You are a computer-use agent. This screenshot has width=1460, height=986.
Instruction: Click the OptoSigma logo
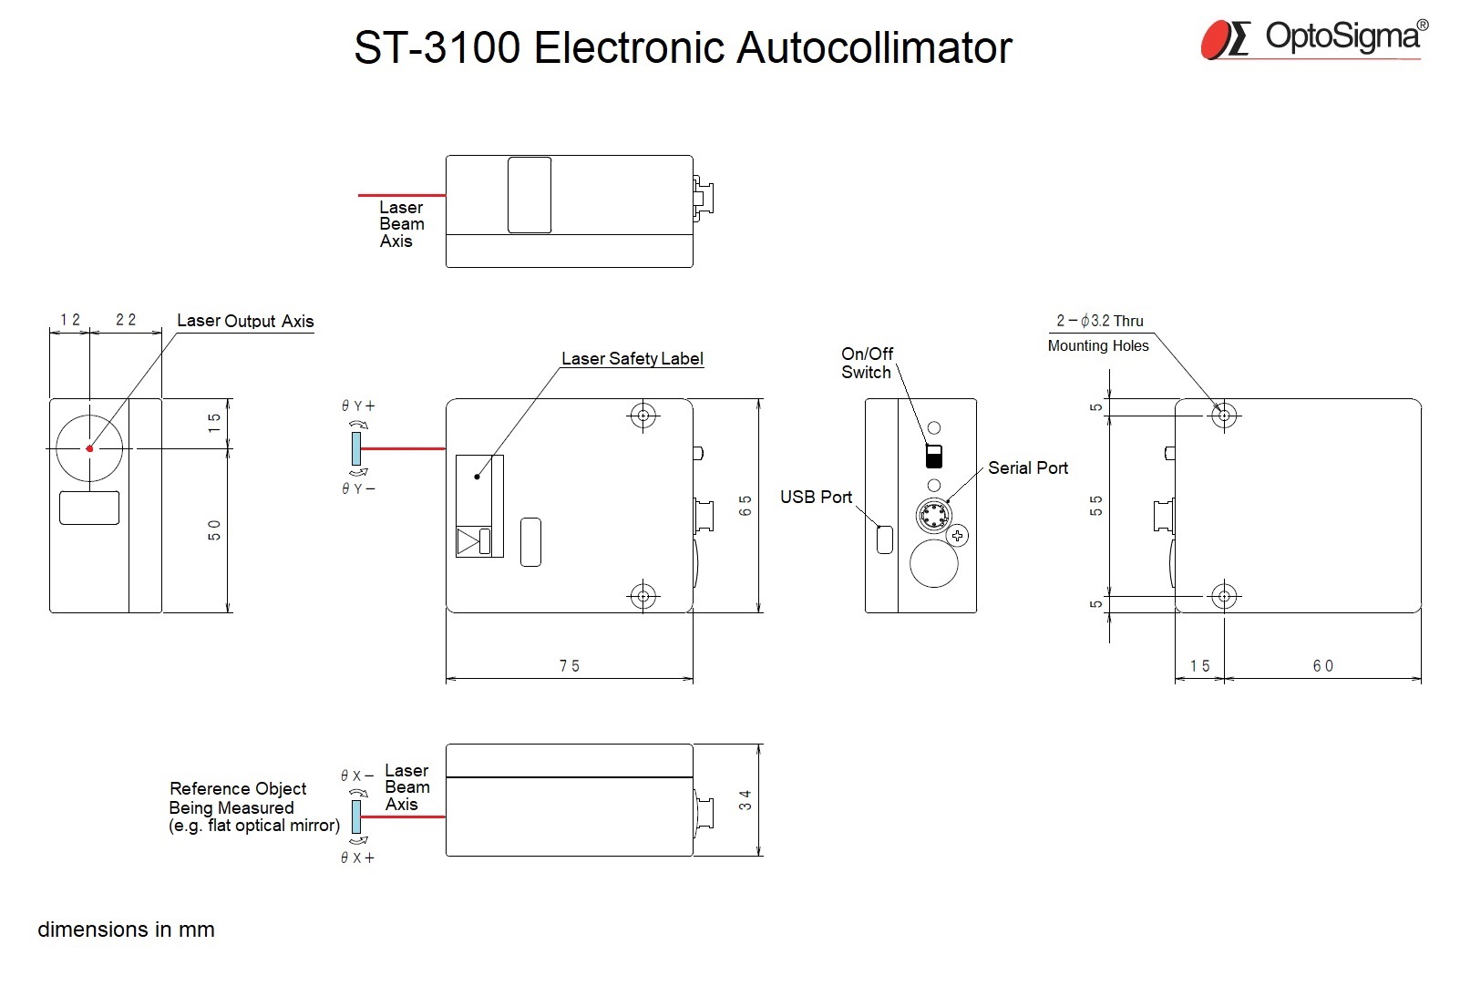click(1314, 40)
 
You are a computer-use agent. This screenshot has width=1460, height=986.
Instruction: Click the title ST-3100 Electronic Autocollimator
click(683, 47)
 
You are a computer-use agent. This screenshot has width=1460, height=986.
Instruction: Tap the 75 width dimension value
click(569, 665)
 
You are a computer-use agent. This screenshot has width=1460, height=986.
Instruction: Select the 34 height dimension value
click(745, 799)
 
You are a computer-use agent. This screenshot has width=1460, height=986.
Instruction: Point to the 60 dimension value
click(1323, 665)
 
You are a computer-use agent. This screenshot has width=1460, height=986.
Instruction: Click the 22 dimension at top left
click(126, 319)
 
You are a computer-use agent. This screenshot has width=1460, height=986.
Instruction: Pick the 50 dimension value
click(214, 529)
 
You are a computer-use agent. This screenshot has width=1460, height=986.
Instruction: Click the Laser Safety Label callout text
click(632, 358)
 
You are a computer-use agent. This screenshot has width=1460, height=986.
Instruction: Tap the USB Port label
click(816, 497)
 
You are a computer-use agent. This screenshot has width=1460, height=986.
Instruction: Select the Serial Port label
click(1028, 467)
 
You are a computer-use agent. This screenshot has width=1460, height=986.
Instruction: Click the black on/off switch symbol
click(934, 456)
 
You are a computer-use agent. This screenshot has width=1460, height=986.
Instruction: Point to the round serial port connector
click(934, 516)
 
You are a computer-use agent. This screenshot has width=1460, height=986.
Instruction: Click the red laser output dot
click(89, 448)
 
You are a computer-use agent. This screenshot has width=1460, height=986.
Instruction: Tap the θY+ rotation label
click(358, 406)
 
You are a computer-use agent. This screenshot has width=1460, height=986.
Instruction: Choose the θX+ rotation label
click(357, 858)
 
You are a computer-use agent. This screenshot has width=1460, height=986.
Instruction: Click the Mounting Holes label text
click(1098, 345)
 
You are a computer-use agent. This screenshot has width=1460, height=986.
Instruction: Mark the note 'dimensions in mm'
click(126, 930)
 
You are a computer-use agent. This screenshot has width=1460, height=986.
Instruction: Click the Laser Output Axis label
click(245, 321)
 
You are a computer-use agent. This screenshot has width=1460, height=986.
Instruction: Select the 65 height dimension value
click(745, 506)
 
